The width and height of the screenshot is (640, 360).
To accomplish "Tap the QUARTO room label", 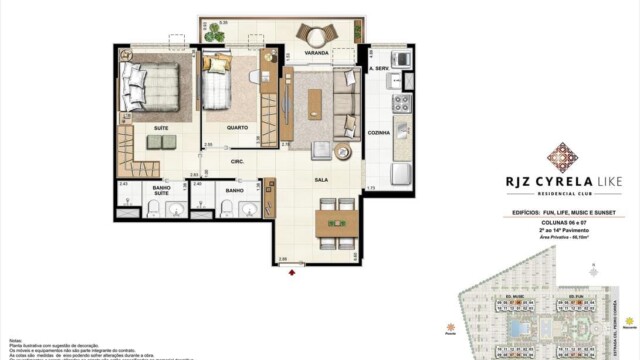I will click(x=238, y=127).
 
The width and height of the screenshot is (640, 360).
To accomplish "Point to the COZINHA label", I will click(x=379, y=132).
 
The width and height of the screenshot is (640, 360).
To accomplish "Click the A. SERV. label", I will click(x=378, y=69).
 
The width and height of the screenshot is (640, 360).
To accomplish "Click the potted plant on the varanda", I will click(x=213, y=35).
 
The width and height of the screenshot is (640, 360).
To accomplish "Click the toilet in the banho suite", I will click(x=154, y=208).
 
